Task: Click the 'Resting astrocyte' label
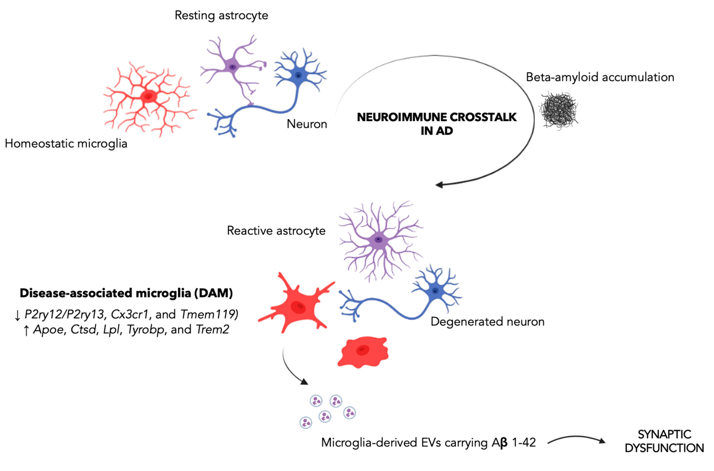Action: (x=221, y=15)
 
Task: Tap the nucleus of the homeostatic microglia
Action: (x=148, y=96)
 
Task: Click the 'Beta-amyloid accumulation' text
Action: (x=600, y=77)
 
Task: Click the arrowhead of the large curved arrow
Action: (x=439, y=184)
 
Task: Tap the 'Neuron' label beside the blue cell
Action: (x=307, y=124)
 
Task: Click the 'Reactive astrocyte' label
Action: (x=276, y=230)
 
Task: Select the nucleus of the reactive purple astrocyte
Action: (x=378, y=239)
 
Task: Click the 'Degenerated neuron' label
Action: (x=487, y=321)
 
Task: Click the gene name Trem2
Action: (x=212, y=329)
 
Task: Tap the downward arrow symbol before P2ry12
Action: (x=17, y=315)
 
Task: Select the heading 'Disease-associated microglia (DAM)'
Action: (x=126, y=293)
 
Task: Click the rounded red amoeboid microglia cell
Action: (x=363, y=352)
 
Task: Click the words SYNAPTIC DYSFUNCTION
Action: (x=664, y=441)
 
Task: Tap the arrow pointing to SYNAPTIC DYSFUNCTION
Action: (x=576, y=439)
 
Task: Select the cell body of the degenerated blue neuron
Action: (x=435, y=291)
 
